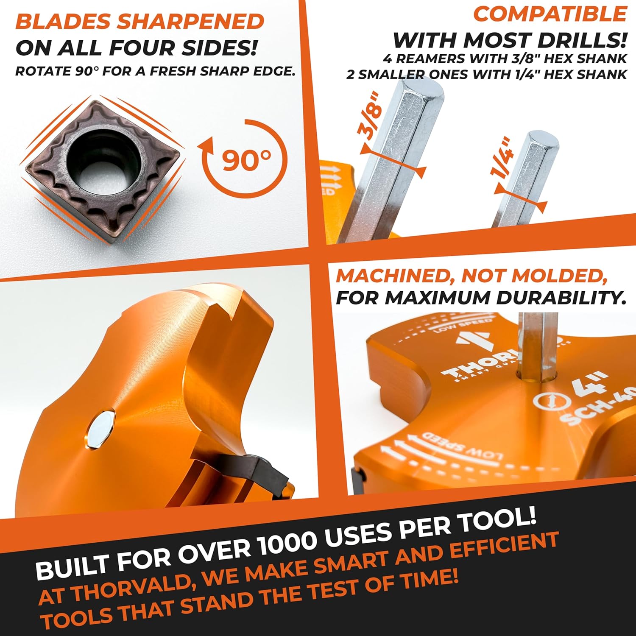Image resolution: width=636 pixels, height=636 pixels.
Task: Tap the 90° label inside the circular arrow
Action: [x=246, y=160]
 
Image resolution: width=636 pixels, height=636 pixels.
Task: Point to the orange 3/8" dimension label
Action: [x=370, y=119]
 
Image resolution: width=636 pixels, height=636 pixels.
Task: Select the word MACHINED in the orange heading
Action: [x=394, y=276]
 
